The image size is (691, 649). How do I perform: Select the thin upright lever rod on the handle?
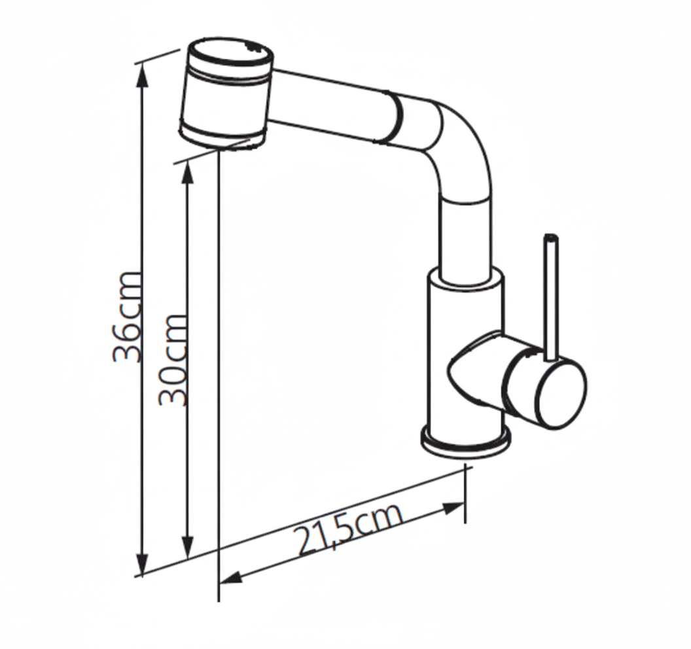551,299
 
